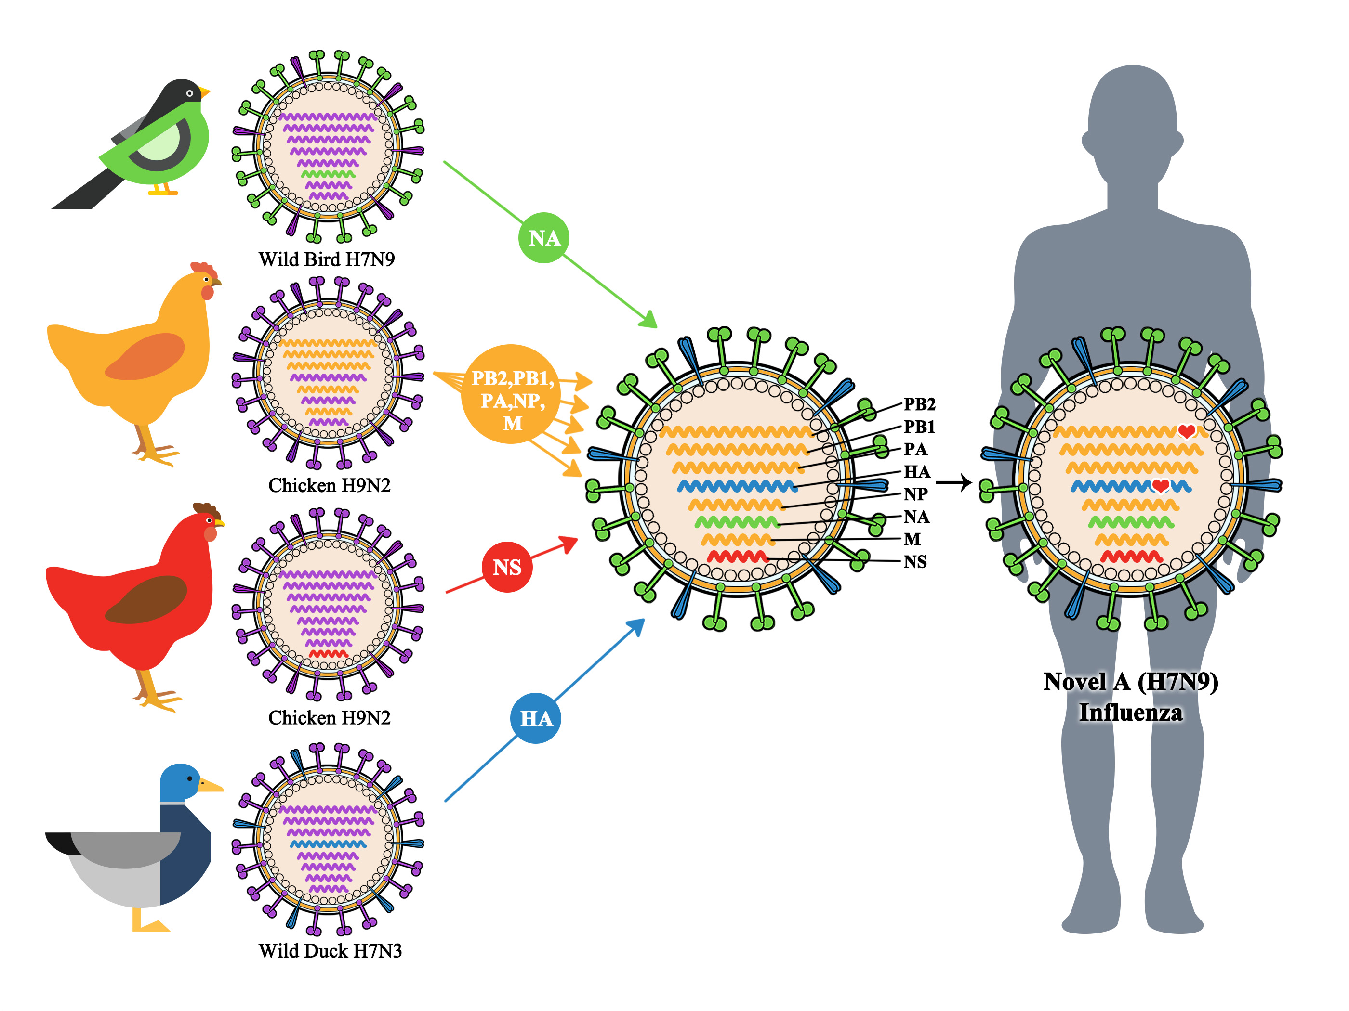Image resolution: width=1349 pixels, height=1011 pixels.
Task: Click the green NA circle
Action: point(543,238)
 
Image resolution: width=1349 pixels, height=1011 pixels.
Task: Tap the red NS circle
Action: point(507,567)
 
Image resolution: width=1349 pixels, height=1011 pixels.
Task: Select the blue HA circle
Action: point(535,718)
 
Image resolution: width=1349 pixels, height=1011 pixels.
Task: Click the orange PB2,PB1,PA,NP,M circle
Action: point(511,394)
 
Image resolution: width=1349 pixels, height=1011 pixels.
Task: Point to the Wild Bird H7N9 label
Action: point(326,259)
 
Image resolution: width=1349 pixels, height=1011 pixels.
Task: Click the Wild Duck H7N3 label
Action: point(330,951)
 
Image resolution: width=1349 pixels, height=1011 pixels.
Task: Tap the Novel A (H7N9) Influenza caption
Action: point(1131,697)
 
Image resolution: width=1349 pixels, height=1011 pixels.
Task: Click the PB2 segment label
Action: point(919,404)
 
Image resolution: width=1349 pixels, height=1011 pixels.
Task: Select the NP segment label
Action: point(915,494)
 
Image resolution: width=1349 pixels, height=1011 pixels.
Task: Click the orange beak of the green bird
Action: point(205,92)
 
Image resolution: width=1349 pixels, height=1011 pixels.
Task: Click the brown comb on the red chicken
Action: point(206,509)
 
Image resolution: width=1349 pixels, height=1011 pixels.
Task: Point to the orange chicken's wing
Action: point(145,357)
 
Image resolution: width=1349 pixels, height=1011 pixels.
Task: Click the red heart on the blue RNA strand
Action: point(1160,486)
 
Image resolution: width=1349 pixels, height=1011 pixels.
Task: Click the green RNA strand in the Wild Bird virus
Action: point(328,174)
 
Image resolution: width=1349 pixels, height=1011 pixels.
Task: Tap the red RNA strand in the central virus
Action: point(737,557)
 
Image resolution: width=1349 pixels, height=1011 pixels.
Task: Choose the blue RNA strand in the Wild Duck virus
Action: point(328,844)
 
